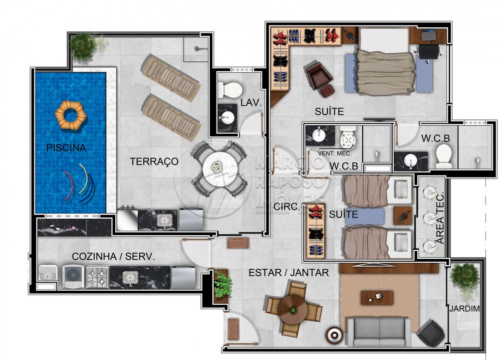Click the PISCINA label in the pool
(x=66, y=148)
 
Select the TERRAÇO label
(x=154, y=161)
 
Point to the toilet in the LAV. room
(x=230, y=90)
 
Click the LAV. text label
(x=251, y=102)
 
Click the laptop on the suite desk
(x=428, y=35)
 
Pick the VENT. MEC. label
(x=334, y=154)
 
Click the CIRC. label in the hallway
(x=287, y=207)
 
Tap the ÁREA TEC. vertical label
(x=441, y=218)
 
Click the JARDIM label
(x=464, y=308)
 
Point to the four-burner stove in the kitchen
(x=97, y=277)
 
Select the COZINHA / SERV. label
(x=113, y=256)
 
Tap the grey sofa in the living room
(x=379, y=332)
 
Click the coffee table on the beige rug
(x=377, y=298)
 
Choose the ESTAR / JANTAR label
(x=288, y=273)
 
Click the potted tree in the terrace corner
(x=83, y=47)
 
